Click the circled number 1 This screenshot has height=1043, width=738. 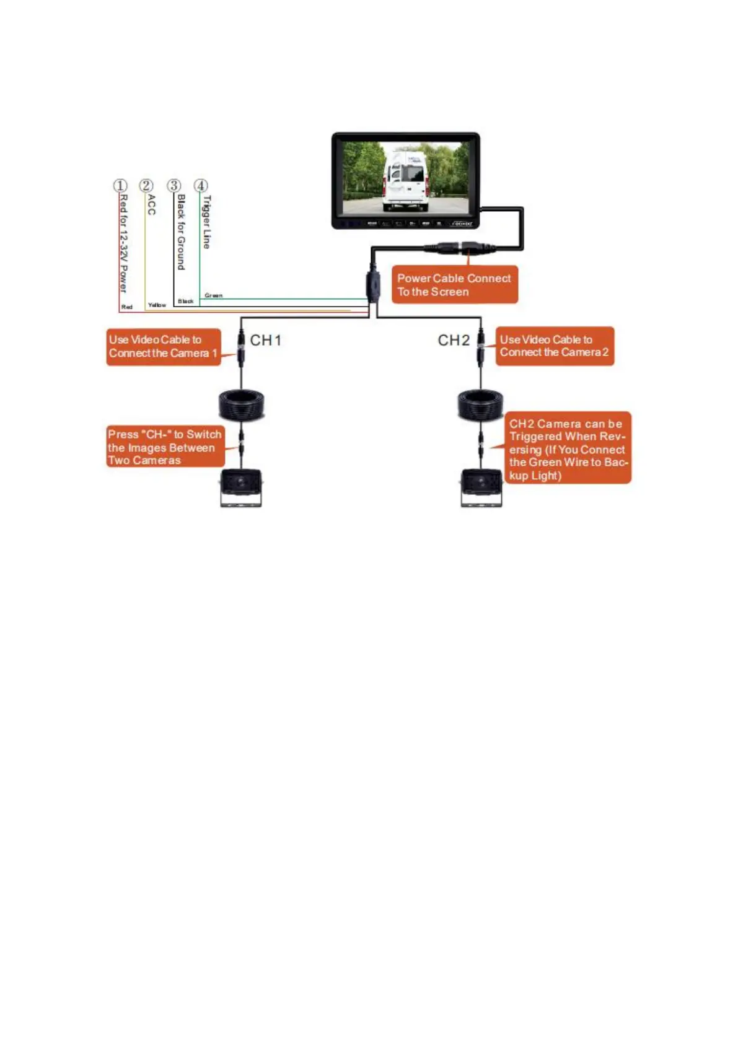click(x=120, y=186)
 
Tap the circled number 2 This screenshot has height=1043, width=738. click(x=146, y=186)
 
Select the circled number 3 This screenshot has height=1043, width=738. click(x=174, y=186)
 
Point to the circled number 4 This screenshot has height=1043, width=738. click(x=201, y=186)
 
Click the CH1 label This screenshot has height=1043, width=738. click(x=266, y=341)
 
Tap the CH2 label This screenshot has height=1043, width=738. click(x=454, y=341)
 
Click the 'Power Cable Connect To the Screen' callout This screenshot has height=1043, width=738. click(x=454, y=285)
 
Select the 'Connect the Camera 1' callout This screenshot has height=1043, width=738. click(x=164, y=347)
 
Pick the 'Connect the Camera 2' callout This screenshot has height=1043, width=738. click(x=555, y=346)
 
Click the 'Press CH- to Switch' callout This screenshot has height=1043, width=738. click(x=165, y=447)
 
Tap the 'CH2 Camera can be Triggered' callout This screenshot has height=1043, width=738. click(x=568, y=448)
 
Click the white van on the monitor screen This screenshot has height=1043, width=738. click(x=405, y=180)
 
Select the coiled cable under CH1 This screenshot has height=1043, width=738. click(x=242, y=405)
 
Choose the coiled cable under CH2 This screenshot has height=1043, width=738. click(x=481, y=405)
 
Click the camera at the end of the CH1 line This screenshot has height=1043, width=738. click(x=241, y=487)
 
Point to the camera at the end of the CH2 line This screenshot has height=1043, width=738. click(x=481, y=487)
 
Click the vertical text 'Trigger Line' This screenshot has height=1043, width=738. click(x=207, y=222)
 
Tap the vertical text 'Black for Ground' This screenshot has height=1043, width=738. click(x=181, y=232)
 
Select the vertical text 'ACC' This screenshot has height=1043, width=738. click(x=152, y=205)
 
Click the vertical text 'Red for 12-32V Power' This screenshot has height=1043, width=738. click(x=124, y=243)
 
